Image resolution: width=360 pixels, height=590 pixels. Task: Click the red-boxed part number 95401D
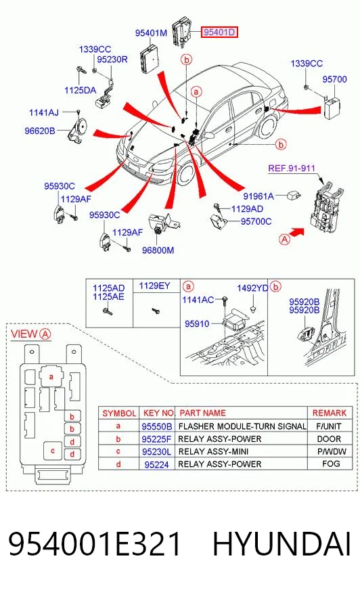[219, 32]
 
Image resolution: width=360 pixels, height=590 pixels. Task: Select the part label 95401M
[151, 33]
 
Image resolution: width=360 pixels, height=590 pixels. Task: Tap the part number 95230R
[112, 60]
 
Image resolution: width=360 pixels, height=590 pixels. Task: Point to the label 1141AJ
[44, 112]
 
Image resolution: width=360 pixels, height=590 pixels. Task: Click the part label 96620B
[40, 131]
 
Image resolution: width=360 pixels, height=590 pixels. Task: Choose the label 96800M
[158, 250]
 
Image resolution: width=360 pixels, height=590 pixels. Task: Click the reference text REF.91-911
[292, 168]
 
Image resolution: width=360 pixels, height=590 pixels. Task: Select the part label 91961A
[258, 196]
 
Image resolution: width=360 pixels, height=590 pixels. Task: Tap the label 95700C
[256, 221]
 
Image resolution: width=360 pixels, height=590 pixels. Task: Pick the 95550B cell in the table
[157, 426]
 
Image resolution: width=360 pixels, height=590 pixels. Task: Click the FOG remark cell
[331, 463]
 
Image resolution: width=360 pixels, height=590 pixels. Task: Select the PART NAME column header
[203, 413]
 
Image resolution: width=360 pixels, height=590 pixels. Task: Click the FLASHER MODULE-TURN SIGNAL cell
[242, 426]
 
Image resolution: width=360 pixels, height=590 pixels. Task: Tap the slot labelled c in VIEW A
[53, 451]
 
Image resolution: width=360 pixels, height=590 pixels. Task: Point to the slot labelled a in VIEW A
[51, 376]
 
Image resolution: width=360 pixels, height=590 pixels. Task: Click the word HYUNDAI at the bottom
[282, 544]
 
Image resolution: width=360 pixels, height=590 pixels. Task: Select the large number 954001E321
[95, 544]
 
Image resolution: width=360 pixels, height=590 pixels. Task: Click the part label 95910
[197, 323]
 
